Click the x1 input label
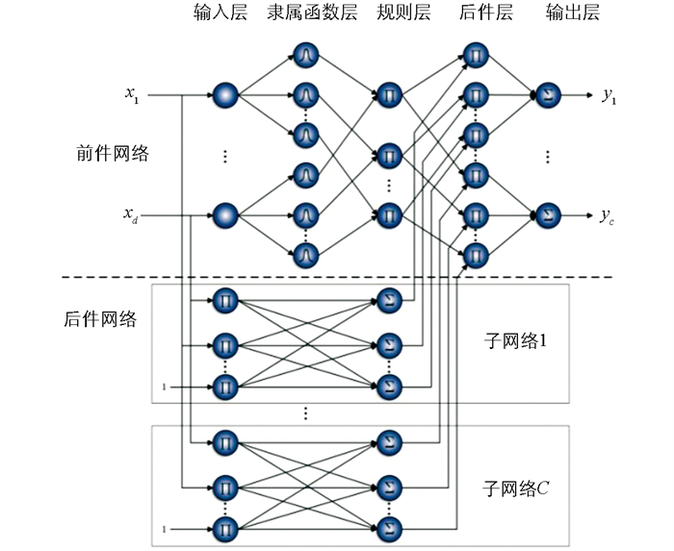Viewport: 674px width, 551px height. click(132, 94)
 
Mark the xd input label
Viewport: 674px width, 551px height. click(132, 214)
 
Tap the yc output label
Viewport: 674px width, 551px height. click(609, 214)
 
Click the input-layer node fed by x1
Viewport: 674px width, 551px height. click(225, 95)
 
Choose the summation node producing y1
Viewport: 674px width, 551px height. click(546, 95)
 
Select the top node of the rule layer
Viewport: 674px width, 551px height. click(389, 95)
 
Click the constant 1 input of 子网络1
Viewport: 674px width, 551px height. click(164, 388)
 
